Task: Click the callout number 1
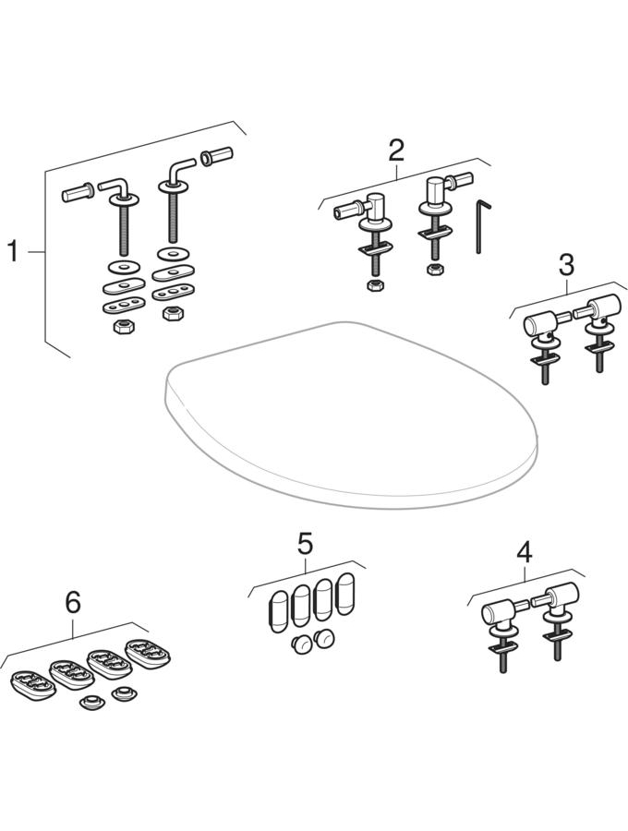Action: coord(13,251)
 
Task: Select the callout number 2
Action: coord(396,149)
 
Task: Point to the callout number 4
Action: coord(524,552)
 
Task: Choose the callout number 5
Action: coord(305,543)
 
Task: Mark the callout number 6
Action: coord(72,601)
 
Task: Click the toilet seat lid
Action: coord(351,415)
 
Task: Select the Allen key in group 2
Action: coord(478,226)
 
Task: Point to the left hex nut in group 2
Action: coord(375,285)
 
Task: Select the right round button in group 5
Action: coord(323,636)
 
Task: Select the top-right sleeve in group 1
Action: coord(217,156)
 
